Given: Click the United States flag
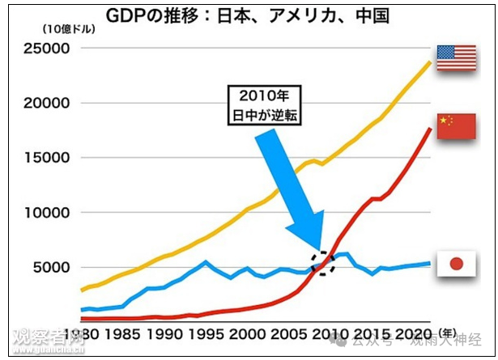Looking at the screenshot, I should click(457, 57).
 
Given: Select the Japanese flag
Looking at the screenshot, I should click(456, 265).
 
